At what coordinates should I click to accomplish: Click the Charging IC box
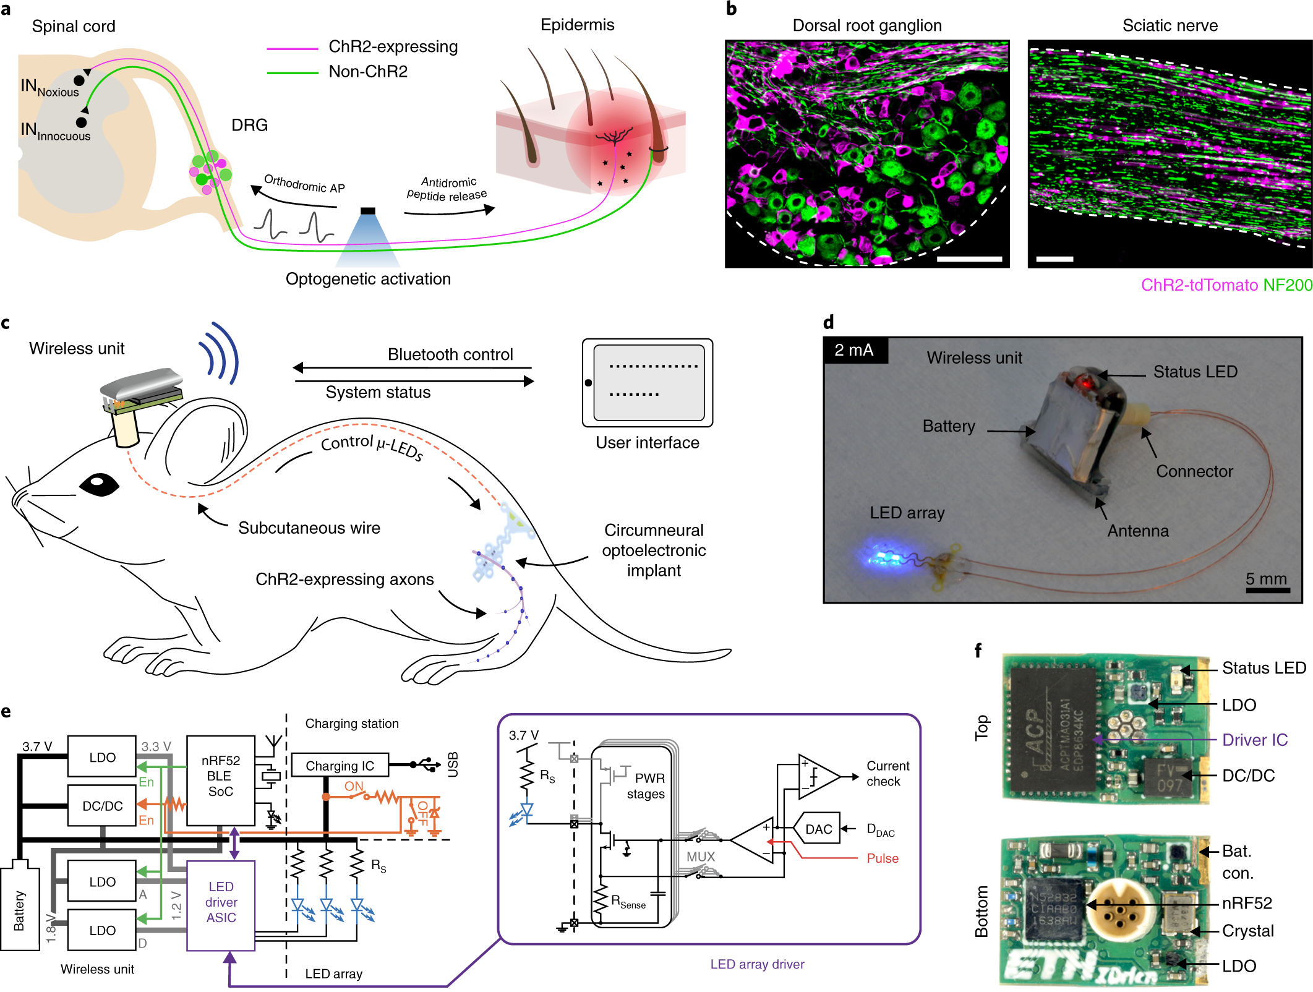340,765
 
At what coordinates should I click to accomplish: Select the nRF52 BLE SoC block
220,779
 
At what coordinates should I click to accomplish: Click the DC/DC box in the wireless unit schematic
102,806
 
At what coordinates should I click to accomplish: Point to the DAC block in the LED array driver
818,829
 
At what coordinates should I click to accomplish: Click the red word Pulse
882,858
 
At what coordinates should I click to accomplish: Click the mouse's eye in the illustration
99,484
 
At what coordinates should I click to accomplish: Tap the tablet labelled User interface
647,382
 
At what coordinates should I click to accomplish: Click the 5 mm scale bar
1267,589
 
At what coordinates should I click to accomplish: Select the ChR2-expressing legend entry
393,47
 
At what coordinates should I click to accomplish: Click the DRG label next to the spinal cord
249,125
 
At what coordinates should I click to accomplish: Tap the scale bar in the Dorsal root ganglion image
969,259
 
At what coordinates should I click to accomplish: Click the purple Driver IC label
1254,740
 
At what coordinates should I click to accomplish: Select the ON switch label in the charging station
354,786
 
